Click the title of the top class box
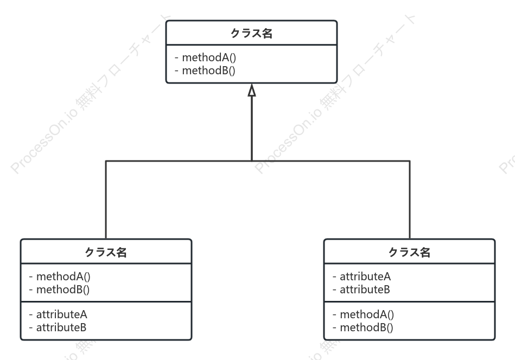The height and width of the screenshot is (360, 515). [251, 33]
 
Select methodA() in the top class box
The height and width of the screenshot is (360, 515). [209, 57]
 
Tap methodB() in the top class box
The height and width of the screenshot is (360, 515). [208, 70]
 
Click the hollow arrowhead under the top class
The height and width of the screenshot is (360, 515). [252, 90]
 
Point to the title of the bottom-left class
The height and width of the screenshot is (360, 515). [106, 252]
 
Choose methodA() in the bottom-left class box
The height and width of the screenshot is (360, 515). [63, 277]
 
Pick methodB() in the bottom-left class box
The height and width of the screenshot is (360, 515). [63, 290]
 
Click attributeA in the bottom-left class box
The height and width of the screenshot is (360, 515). [61, 314]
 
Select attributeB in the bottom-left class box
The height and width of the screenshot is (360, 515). [61, 327]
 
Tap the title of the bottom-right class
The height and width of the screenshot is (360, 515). [409, 252]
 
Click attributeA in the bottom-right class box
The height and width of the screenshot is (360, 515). [365, 277]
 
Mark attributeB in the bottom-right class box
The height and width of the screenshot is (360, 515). [365, 290]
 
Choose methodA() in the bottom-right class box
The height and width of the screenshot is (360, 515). [367, 314]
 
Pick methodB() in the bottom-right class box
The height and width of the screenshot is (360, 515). [366, 327]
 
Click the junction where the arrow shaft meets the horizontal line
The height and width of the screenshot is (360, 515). [252, 161]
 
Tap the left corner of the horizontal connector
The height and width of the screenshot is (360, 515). [106, 161]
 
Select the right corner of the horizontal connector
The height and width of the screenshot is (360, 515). [410, 161]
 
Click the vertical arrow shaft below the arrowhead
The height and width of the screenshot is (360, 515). [252, 128]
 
